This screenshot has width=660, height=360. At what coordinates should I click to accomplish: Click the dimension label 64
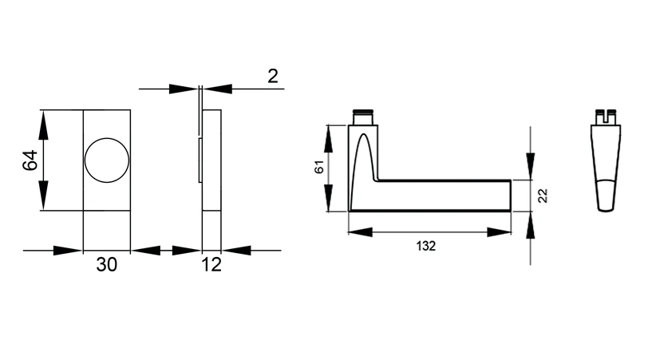pyautogui.click(x=30, y=160)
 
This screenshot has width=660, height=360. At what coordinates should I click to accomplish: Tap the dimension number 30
pyautogui.click(x=106, y=264)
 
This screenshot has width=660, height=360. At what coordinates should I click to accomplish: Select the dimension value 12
pyautogui.click(x=211, y=264)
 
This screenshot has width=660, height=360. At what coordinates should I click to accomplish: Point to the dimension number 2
pyautogui.click(x=273, y=76)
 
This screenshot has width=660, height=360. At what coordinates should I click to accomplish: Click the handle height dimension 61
pyautogui.click(x=319, y=167)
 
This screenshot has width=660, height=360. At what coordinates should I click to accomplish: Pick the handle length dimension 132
pyautogui.click(x=426, y=246)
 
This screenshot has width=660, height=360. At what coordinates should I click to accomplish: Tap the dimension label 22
pyautogui.click(x=543, y=196)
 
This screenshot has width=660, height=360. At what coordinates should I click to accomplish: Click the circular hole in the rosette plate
pyautogui.click(x=107, y=160)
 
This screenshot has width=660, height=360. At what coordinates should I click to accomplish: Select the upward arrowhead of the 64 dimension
pyautogui.click(x=43, y=125)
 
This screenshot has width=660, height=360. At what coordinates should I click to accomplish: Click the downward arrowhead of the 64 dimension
pyautogui.click(x=43, y=195)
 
